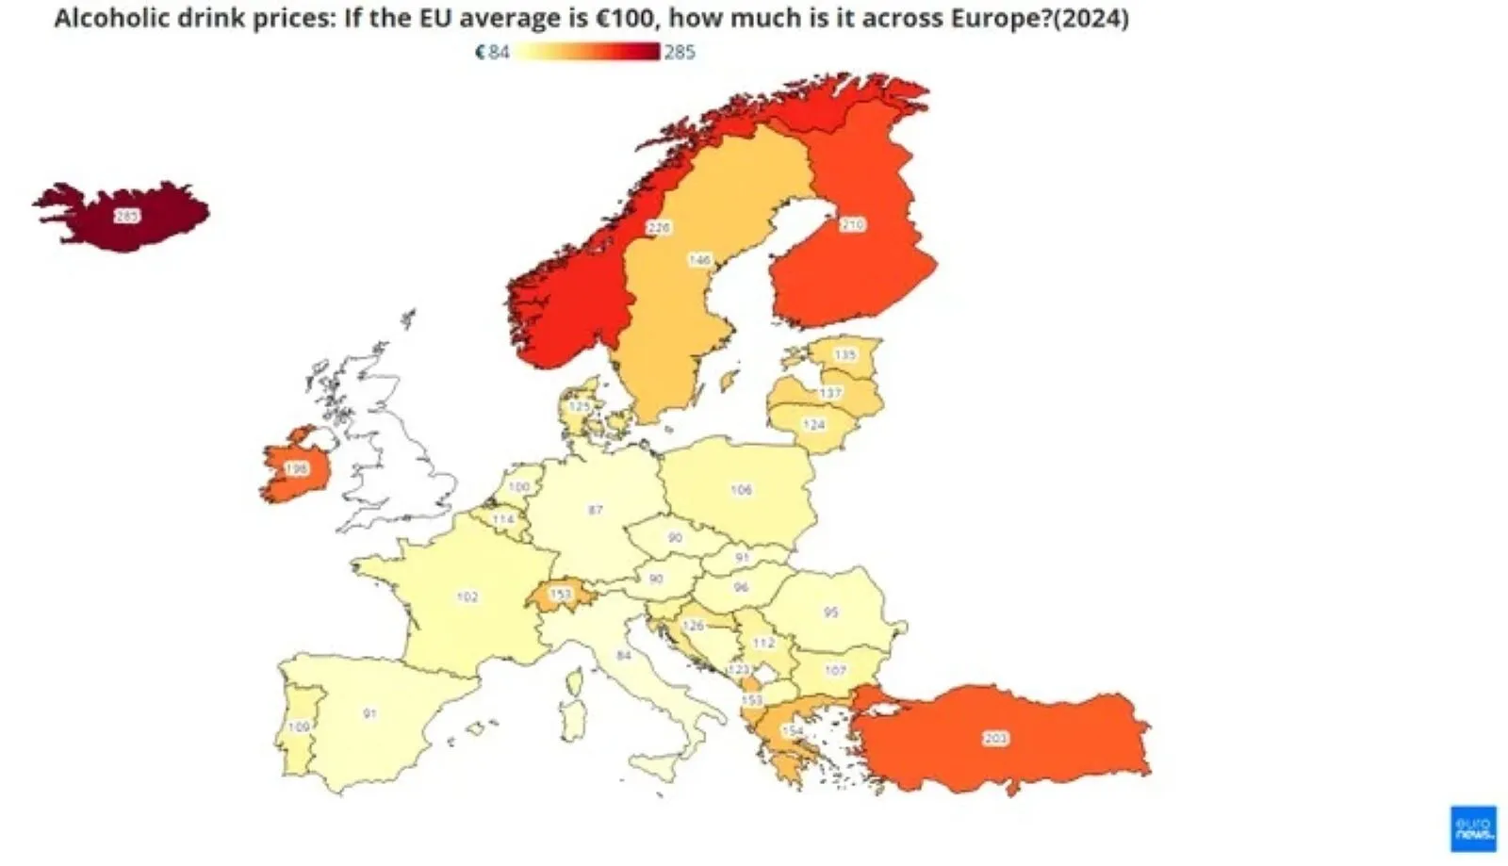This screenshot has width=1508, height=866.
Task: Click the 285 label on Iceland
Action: [126, 216]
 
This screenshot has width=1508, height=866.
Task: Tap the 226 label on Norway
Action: [658, 227]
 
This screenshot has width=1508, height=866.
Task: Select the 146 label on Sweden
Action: [699, 259]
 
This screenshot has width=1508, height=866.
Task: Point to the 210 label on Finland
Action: [852, 224]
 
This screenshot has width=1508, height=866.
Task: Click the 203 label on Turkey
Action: [995, 738]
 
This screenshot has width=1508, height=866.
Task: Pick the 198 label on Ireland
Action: [296, 468]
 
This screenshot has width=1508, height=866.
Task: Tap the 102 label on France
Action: [467, 596]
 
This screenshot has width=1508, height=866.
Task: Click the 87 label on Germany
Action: [596, 510]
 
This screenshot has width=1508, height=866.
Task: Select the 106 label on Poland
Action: [742, 489]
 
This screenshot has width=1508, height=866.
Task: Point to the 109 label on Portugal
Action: [299, 727]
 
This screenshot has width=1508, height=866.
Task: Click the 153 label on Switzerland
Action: [561, 595]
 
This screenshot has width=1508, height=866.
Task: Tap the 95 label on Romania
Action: [830, 612]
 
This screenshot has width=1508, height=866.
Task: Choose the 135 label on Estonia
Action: [845, 354]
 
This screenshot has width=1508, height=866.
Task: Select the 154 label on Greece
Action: [793, 730]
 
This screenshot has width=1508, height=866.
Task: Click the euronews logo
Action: [1472, 828]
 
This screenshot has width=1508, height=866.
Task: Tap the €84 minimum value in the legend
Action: [492, 52]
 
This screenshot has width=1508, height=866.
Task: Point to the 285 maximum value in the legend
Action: [680, 52]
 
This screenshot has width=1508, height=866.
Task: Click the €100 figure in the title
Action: [624, 17]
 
